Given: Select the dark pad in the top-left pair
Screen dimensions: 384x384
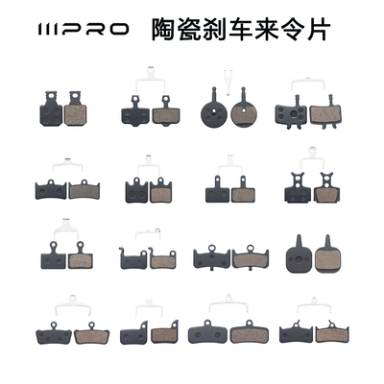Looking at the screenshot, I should point(50,112).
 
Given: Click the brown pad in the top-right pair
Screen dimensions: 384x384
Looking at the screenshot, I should point(317,113).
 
